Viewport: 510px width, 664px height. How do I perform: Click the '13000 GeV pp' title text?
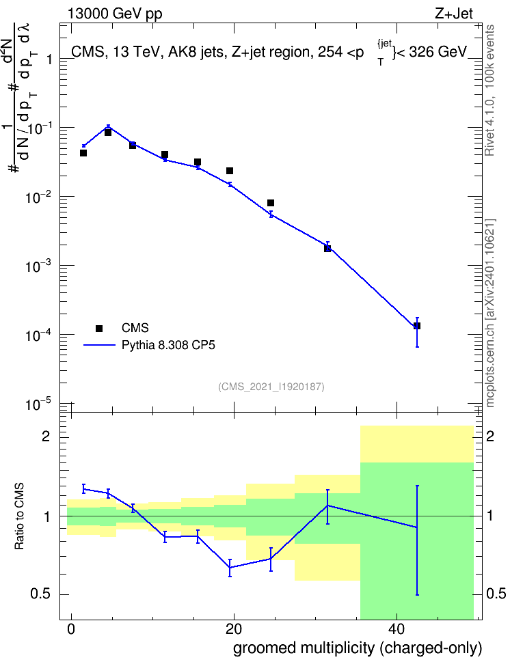(115, 14)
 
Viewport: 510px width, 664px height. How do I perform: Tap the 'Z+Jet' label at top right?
(454, 14)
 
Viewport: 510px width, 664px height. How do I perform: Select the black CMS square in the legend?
(99, 328)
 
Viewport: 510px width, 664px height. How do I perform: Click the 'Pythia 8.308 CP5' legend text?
(168, 345)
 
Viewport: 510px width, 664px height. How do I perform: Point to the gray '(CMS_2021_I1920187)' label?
(271, 387)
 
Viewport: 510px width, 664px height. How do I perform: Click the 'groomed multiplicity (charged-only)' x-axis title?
(358, 648)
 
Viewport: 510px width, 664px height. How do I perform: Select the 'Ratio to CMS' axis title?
(19, 516)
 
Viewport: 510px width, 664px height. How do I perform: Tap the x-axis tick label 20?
(234, 629)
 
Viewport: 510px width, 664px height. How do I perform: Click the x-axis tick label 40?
(397, 629)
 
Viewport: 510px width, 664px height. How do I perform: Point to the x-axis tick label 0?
(71, 629)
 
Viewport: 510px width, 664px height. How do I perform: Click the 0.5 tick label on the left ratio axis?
(41, 594)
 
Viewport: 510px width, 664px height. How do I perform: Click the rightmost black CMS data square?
(417, 326)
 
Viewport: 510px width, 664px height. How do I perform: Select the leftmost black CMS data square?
(83, 153)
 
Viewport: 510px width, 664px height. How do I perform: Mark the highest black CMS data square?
(108, 133)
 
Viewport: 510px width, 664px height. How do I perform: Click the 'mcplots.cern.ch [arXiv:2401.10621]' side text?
(490, 313)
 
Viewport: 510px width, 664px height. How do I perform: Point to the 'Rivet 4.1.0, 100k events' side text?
(489, 90)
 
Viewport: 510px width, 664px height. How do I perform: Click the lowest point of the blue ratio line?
(230, 568)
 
